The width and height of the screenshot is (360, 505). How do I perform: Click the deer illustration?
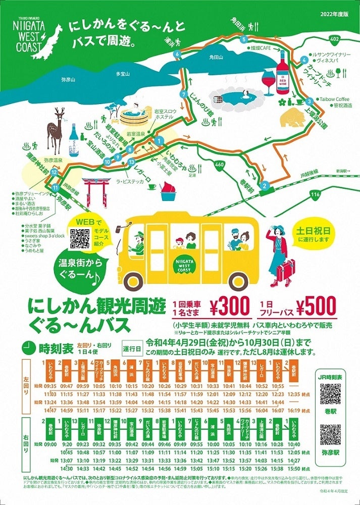[x=55, y=129]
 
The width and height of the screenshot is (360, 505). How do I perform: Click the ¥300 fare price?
[x=229, y=306]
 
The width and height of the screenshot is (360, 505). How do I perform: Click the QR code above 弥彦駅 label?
[x=330, y=435]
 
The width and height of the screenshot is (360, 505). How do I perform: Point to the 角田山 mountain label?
[x=216, y=58]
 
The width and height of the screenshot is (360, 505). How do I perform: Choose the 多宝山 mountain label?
[x=123, y=74]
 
